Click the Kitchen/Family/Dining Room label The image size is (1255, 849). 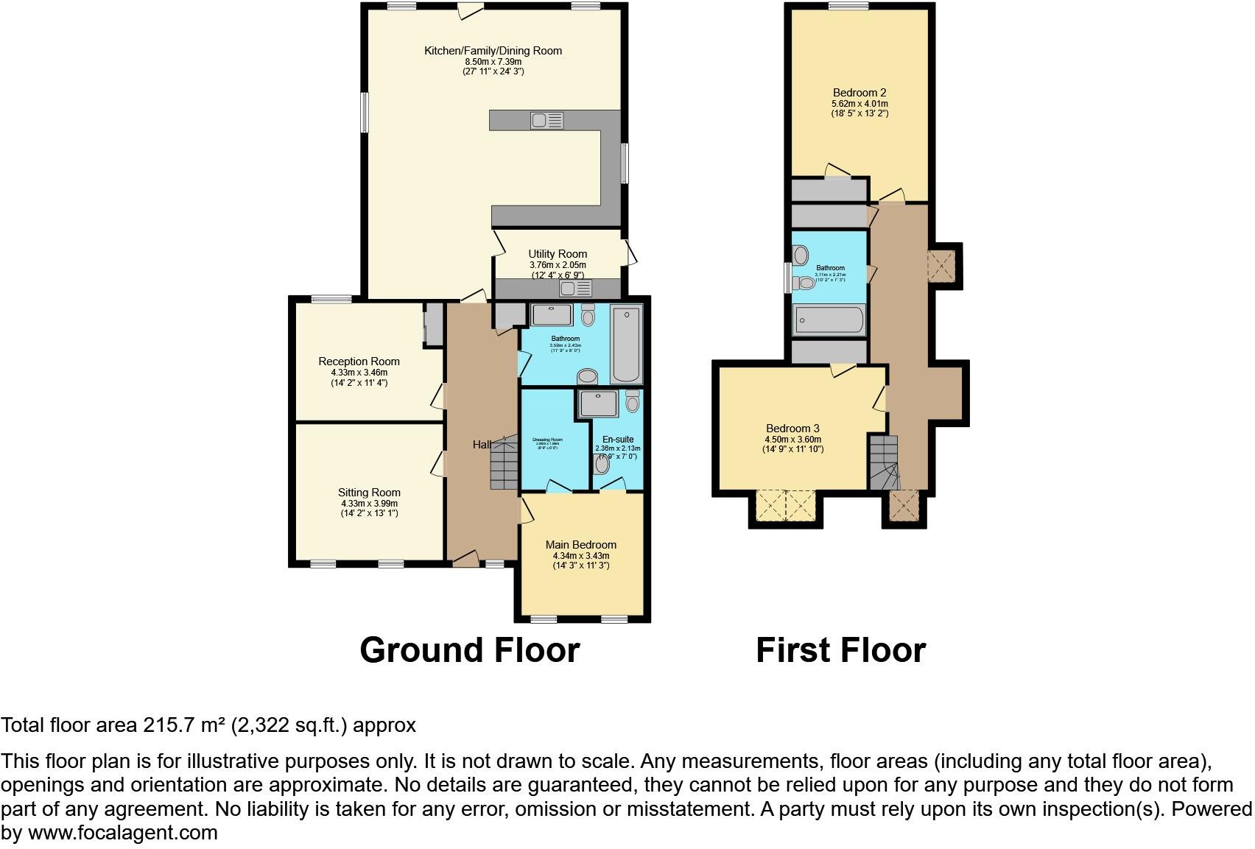(x=493, y=51)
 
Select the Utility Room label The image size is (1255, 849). (x=558, y=254)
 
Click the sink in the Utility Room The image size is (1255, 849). (x=575, y=288)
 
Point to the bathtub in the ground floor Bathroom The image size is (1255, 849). (x=627, y=345)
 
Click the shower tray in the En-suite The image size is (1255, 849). (x=598, y=404)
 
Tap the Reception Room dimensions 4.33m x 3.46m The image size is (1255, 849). (x=359, y=373)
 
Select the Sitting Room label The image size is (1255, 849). (x=369, y=493)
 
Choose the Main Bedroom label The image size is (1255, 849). (x=580, y=545)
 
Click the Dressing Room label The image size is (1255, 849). (x=547, y=440)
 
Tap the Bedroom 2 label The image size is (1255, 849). (x=859, y=93)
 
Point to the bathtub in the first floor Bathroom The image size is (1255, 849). (x=829, y=321)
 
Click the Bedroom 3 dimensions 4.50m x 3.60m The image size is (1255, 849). (x=792, y=440)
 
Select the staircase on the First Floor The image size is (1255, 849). (x=884, y=462)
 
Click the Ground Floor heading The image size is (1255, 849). (x=469, y=650)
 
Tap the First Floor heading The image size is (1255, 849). (x=840, y=650)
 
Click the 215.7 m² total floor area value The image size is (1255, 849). (x=183, y=725)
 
